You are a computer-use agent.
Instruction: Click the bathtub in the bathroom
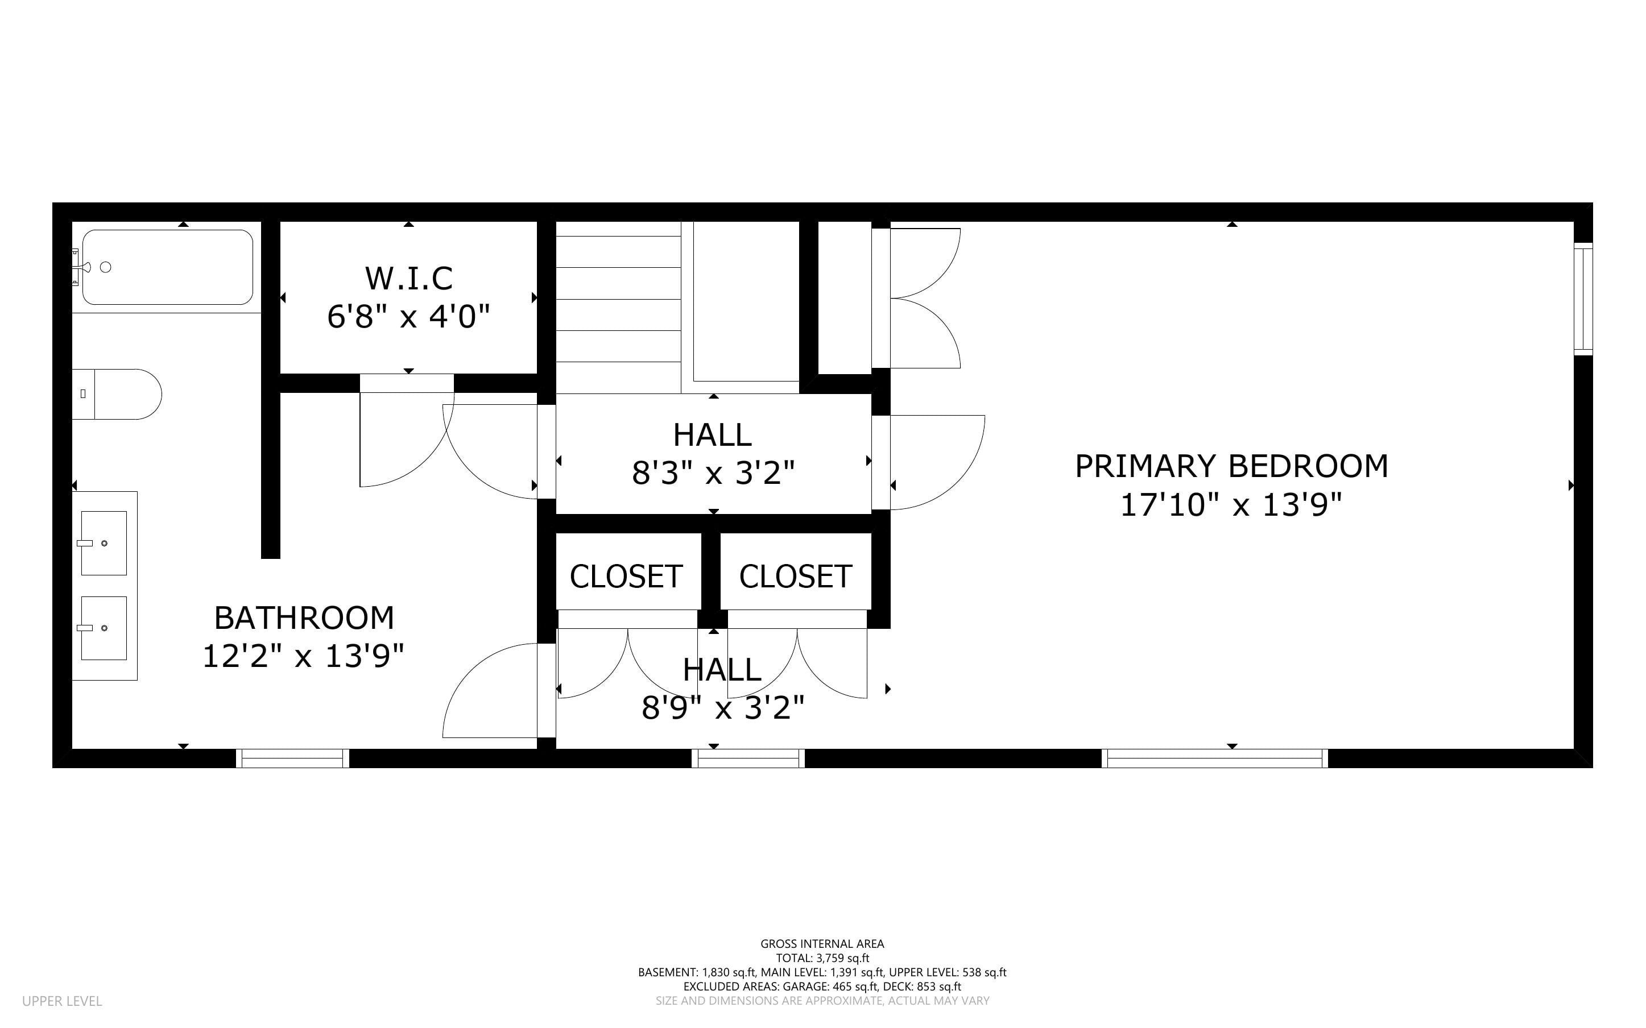pos(167,267)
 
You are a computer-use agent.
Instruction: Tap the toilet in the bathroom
pos(117,395)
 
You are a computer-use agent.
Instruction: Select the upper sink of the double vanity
pos(104,543)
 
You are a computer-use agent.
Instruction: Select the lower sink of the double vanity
pos(104,628)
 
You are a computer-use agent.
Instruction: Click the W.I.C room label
pos(408,278)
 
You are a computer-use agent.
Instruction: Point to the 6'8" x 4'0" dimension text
pos(408,317)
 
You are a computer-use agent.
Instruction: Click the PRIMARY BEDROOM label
pos(1231,466)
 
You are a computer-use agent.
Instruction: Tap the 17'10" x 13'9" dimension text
pos(1231,505)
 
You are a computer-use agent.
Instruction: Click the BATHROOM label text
pos(304,618)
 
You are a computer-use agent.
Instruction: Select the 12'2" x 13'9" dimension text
pos(304,657)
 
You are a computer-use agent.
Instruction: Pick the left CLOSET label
pos(626,577)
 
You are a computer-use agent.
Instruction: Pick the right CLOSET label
pos(796,577)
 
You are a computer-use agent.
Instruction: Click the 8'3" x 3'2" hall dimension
pos(713,472)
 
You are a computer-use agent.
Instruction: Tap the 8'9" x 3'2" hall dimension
pos(723,708)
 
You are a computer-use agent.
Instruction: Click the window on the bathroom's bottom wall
pos(292,758)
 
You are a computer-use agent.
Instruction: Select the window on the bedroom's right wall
pos(1583,299)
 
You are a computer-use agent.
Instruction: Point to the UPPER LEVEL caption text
pos(62,1001)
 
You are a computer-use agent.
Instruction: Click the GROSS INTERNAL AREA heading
pos(822,944)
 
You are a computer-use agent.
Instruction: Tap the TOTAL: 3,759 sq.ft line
pos(822,958)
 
